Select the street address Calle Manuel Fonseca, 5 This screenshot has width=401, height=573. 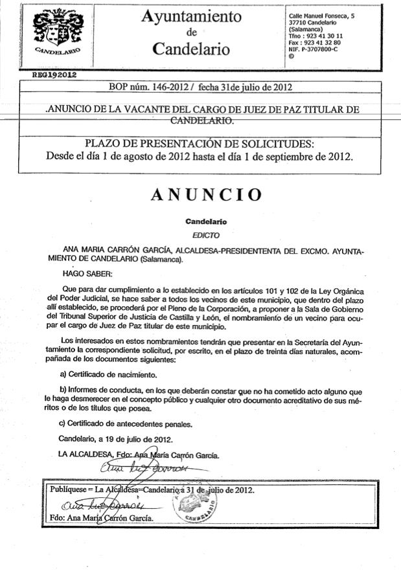(321, 16)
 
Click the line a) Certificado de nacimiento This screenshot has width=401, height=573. (108, 374)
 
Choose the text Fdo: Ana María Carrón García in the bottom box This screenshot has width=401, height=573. (102, 519)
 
